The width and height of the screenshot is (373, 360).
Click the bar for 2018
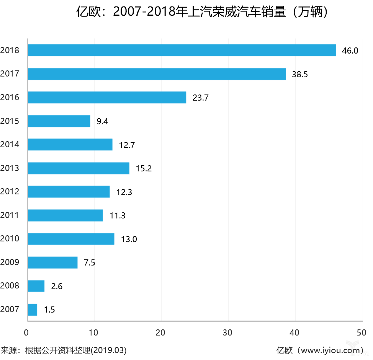(182, 50)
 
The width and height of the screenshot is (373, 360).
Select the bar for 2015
(59, 121)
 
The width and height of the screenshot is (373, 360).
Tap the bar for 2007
(33, 310)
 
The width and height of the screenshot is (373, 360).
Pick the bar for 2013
(79, 168)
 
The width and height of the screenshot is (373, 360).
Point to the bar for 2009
(52, 262)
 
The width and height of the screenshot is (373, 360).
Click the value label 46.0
(350, 51)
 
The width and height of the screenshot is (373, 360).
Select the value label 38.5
(299, 75)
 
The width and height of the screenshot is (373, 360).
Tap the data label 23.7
(200, 98)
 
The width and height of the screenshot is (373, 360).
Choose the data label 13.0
(129, 239)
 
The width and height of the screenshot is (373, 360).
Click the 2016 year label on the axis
(10, 98)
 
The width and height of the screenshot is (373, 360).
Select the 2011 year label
(10, 215)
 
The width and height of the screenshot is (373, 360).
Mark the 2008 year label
(10, 286)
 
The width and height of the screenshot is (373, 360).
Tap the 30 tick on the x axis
(228, 333)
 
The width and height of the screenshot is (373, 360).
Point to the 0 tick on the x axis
(26, 333)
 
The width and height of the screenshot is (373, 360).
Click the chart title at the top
(203, 12)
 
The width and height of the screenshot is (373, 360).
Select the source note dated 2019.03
(64, 350)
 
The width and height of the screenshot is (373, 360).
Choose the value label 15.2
(144, 169)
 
